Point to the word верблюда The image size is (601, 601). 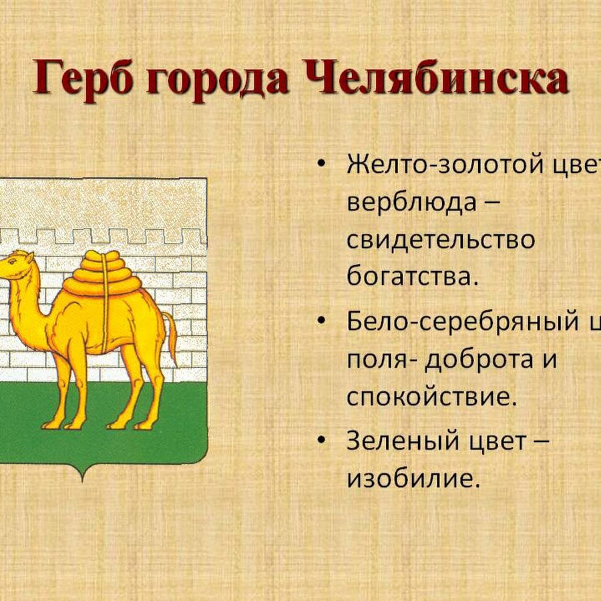(x=411, y=202)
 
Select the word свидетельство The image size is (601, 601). (x=441, y=240)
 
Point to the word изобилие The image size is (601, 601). (x=413, y=479)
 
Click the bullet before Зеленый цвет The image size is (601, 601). (x=323, y=441)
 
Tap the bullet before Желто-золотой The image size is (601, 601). (x=323, y=164)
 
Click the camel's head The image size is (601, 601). (x=17, y=264)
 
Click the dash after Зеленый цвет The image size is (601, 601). (x=540, y=442)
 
